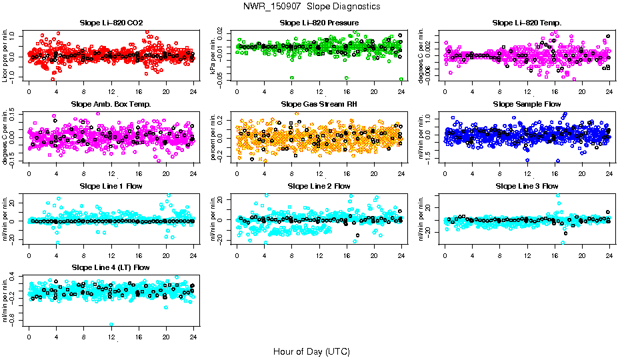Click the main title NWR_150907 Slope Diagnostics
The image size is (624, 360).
[x=312, y=6]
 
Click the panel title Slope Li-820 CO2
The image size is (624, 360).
[x=111, y=23]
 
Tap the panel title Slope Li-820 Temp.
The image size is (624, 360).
[x=527, y=23]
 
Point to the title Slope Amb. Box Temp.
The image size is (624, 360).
[x=111, y=104]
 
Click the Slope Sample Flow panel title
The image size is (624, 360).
[x=527, y=104]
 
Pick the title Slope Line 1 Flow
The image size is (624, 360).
[x=111, y=185]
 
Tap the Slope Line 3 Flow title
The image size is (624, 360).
[x=527, y=185]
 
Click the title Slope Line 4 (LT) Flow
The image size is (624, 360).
[x=111, y=267]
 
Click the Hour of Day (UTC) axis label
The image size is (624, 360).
[x=312, y=351]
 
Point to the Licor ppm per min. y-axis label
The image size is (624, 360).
[x=6, y=55]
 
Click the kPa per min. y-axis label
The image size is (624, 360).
[x=214, y=55]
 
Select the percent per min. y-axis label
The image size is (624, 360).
[x=214, y=137]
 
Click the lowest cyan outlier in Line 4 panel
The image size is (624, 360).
[x=111, y=325]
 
